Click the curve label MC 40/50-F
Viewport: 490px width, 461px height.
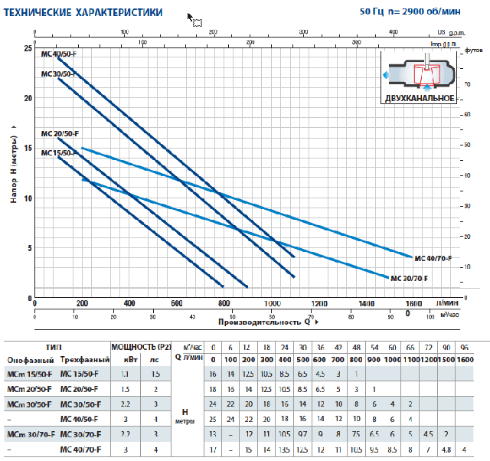(x=59, y=54)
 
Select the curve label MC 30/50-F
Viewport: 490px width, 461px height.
(x=58, y=74)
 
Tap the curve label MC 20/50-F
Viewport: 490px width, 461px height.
(x=59, y=133)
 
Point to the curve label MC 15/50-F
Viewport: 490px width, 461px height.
(x=58, y=152)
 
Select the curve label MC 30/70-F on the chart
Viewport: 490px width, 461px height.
(x=409, y=277)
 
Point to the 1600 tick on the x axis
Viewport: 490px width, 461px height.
(x=413, y=303)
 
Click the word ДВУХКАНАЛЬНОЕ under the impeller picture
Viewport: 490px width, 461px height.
(x=420, y=100)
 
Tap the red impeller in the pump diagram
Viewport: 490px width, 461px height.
(x=423, y=74)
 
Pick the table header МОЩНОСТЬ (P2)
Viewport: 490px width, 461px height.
(x=142, y=345)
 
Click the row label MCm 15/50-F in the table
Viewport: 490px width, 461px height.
(x=29, y=374)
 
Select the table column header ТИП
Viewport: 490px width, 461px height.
(x=55, y=345)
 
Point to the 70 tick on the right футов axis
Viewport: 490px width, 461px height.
(x=469, y=82)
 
